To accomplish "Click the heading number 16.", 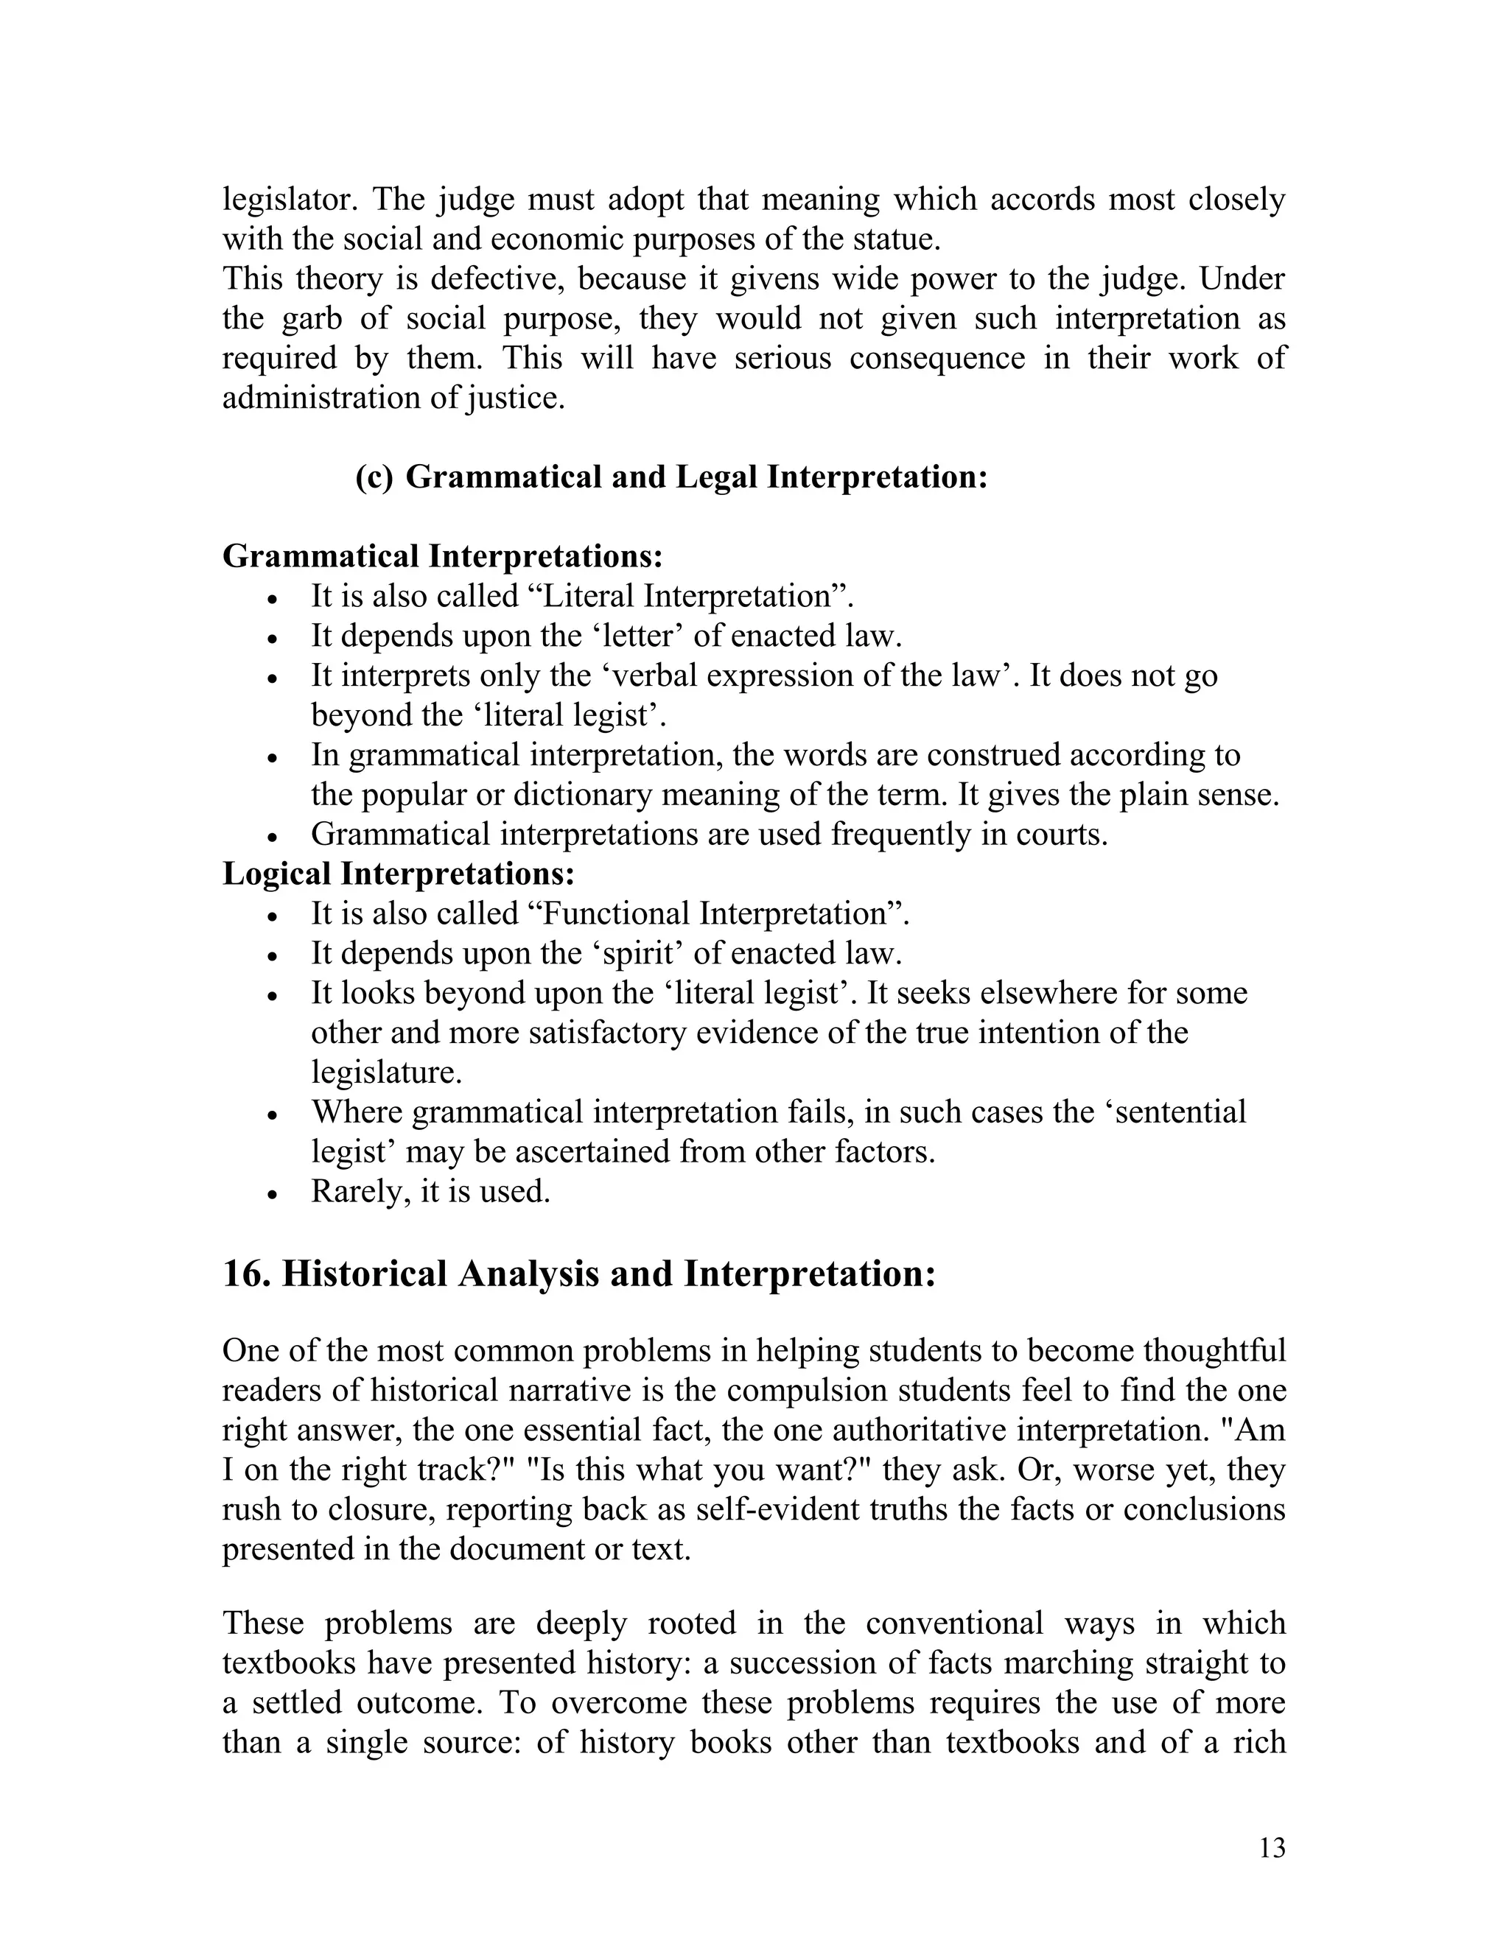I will tap(247, 1274).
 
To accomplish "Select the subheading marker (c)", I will tap(374, 477).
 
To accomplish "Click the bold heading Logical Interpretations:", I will tap(398, 873).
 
